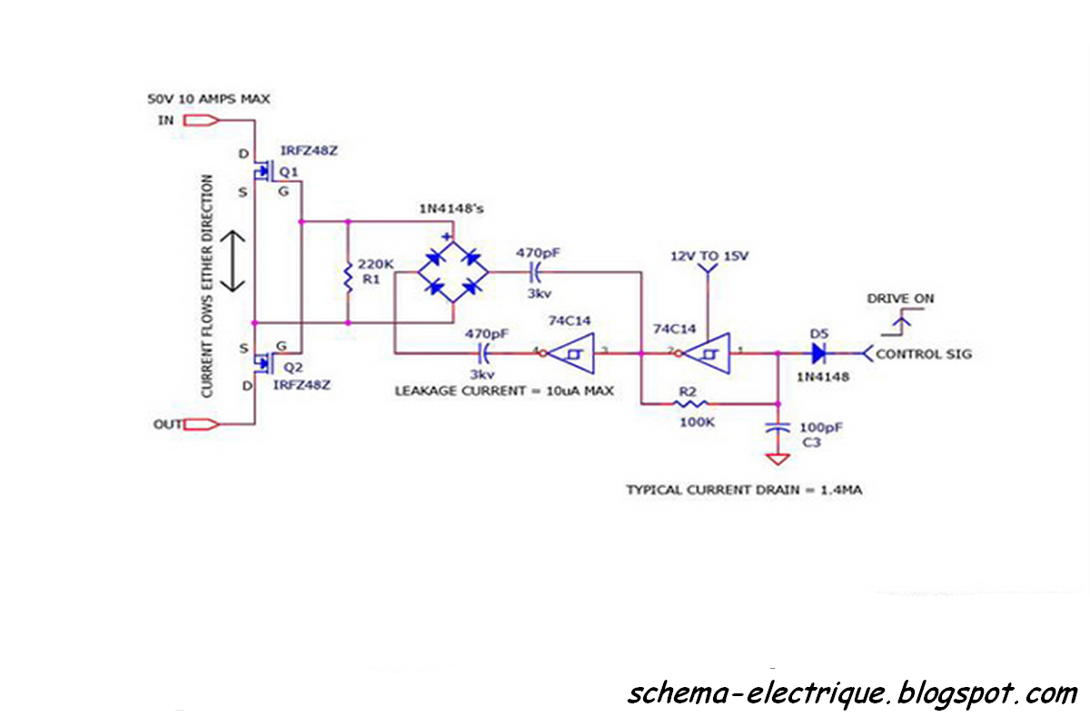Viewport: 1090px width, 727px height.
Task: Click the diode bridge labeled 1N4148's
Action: click(x=451, y=272)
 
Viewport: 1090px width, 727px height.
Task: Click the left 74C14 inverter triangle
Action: click(x=572, y=354)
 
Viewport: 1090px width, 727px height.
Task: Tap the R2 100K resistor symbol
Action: click(x=689, y=403)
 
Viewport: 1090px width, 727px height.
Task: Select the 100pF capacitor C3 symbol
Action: click(x=777, y=426)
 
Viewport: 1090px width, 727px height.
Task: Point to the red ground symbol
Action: click(x=777, y=460)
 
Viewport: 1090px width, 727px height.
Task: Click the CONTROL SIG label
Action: click(x=923, y=354)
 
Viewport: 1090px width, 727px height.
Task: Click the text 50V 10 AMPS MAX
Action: click(x=208, y=98)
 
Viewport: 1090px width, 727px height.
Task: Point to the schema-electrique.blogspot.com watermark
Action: click(x=851, y=694)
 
